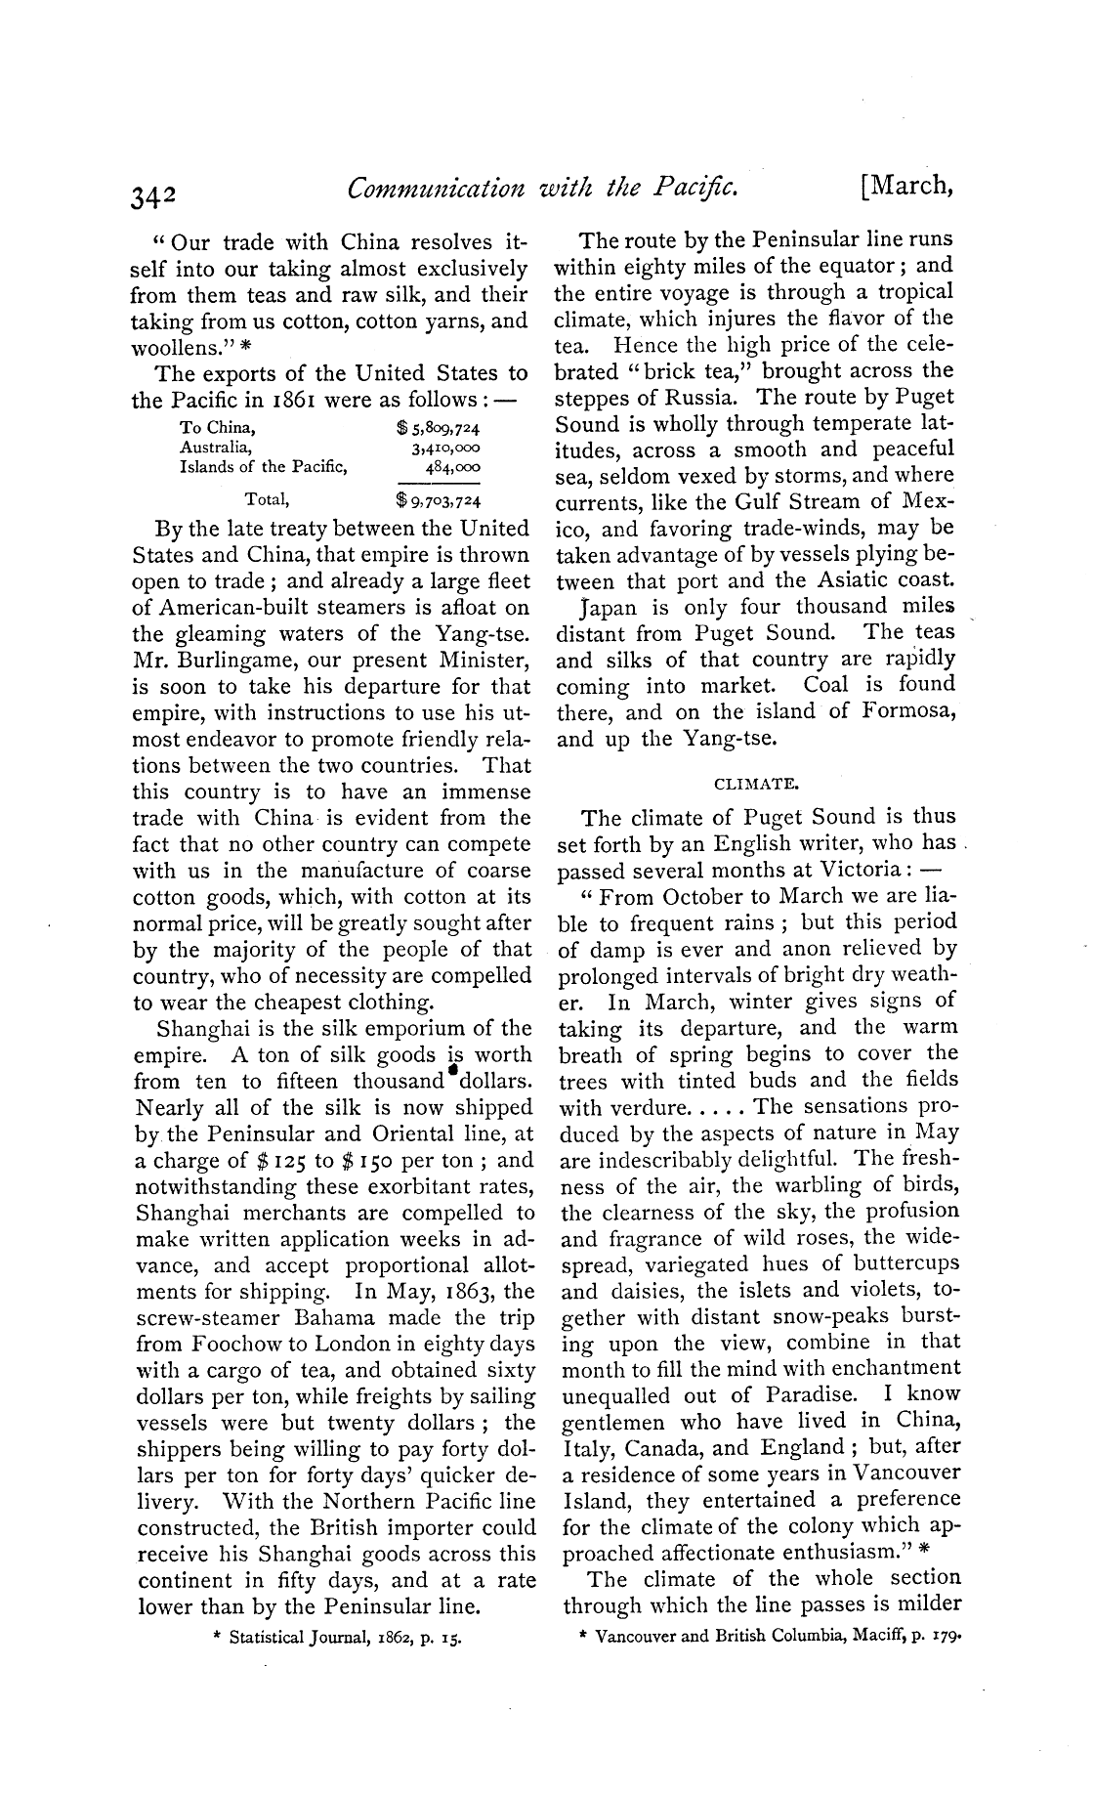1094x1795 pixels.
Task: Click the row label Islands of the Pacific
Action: [264, 466]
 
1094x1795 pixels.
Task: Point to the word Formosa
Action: [908, 711]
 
